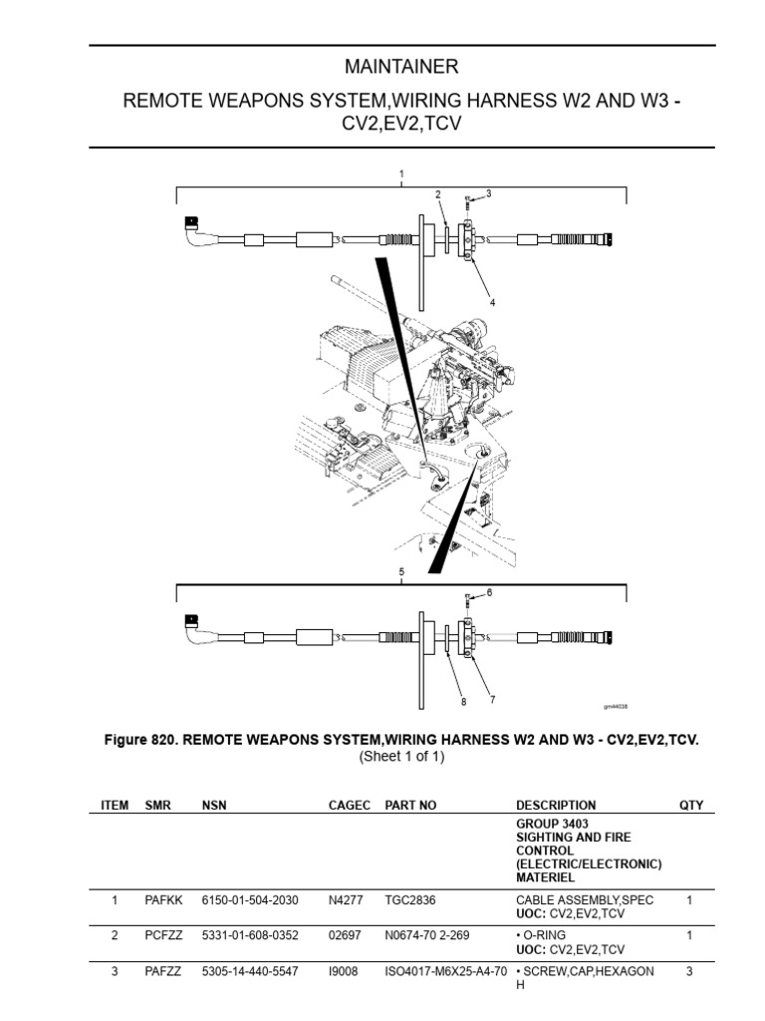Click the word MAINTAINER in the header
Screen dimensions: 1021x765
[401, 67]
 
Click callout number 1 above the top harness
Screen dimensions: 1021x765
[401, 174]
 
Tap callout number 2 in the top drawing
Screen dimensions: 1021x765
[436, 193]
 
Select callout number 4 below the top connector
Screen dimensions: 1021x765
[491, 301]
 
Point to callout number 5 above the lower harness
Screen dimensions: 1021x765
[401, 573]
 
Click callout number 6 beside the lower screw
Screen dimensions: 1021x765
[489, 592]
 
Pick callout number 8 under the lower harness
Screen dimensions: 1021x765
[463, 702]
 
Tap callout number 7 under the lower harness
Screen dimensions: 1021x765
[492, 700]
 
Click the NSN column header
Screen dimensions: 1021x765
[214, 805]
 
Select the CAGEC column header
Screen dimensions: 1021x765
[349, 805]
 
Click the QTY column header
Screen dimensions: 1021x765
[690, 805]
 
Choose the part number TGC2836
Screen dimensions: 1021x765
[408, 899]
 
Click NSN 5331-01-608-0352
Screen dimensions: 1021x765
[248, 934]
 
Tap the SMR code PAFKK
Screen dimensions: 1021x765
[162, 899]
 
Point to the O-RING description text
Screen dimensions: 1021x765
[548, 934]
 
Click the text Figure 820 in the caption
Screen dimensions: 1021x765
[140, 741]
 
